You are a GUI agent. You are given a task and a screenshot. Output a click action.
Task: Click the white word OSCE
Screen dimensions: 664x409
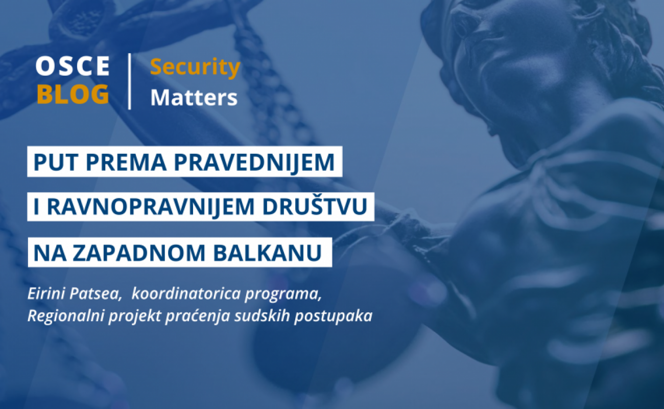click(x=73, y=65)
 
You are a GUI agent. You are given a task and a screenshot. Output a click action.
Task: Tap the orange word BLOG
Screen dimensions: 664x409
click(x=73, y=94)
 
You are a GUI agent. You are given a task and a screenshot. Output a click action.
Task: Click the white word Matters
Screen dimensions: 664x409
click(x=194, y=97)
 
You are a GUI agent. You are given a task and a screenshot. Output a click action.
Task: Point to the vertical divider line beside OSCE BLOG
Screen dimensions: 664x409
click(x=130, y=81)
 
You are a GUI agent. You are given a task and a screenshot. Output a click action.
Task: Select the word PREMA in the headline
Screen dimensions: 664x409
click(x=127, y=162)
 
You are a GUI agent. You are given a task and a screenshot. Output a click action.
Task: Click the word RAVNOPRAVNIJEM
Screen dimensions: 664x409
click(x=151, y=207)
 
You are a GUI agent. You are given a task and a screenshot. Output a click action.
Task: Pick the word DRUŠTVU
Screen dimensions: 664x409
click(x=315, y=206)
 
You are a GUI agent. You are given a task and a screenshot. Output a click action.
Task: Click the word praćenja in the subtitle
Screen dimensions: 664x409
click(x=198, y=316)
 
